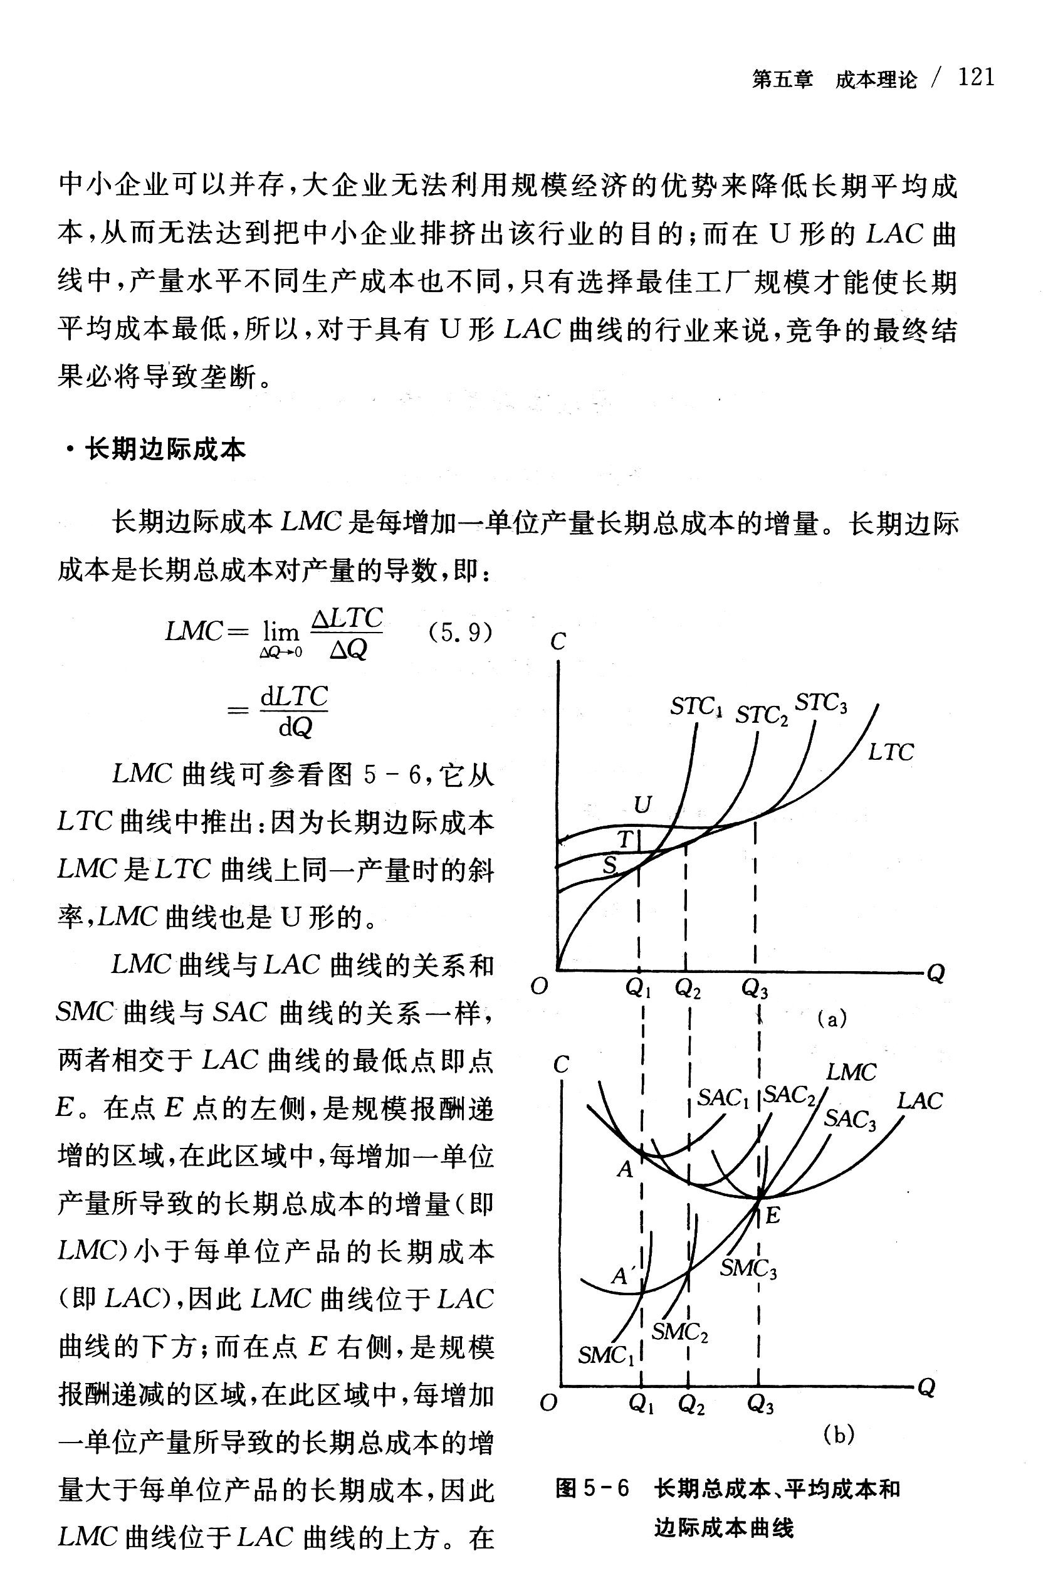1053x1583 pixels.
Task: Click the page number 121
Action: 975,78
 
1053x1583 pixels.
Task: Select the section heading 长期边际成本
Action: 165,450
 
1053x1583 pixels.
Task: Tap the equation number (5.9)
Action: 460,632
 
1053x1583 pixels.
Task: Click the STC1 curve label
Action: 696,707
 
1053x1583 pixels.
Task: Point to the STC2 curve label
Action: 762,715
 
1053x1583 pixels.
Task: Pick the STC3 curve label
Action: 820,703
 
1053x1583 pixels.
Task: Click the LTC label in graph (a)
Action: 891,752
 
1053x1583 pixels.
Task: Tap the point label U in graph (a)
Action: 642,804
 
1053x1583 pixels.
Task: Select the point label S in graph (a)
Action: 609,865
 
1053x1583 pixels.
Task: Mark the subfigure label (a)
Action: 831,1019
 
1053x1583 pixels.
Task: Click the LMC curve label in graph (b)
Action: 851,1072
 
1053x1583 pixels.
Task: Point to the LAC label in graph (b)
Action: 919,1101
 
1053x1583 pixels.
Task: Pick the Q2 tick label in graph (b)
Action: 691,1404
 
